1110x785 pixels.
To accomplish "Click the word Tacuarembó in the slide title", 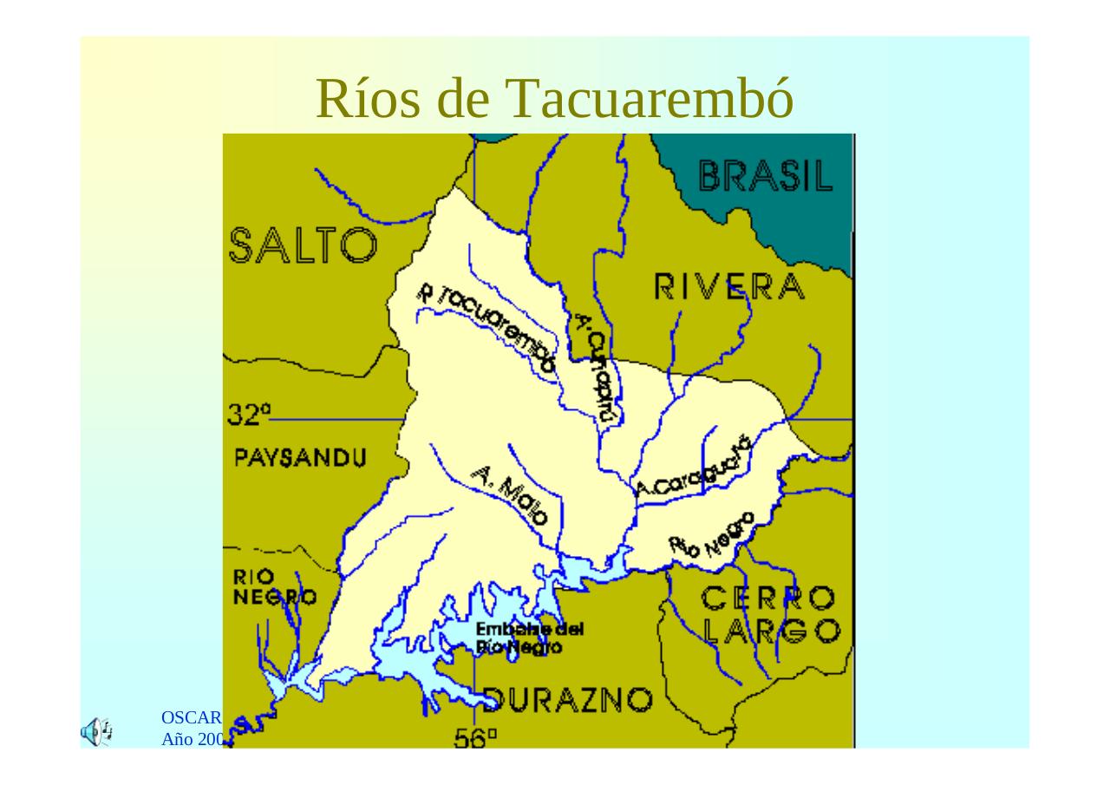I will pos(650,98).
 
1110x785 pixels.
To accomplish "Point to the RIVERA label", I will pos(729,286).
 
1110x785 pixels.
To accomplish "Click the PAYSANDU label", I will pos(300,457).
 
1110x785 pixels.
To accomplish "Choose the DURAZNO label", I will pos(568,698).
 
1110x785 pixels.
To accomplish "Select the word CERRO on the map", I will pos(769,598).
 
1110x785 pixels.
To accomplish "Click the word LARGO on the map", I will pos(771,631).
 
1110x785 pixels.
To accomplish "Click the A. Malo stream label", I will pos(511,495).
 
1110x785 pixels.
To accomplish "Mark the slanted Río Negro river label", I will pos(712,534).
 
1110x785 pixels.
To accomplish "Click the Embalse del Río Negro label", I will pos(529,638).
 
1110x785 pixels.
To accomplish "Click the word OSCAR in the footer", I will pos(192,717).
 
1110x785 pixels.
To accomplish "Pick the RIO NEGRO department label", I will pos(273,587).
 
